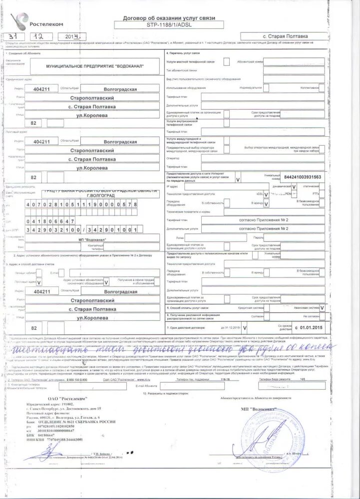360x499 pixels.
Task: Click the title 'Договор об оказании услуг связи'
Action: (x=169, y=17)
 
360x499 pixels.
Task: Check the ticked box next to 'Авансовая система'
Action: (x=322, y=308)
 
